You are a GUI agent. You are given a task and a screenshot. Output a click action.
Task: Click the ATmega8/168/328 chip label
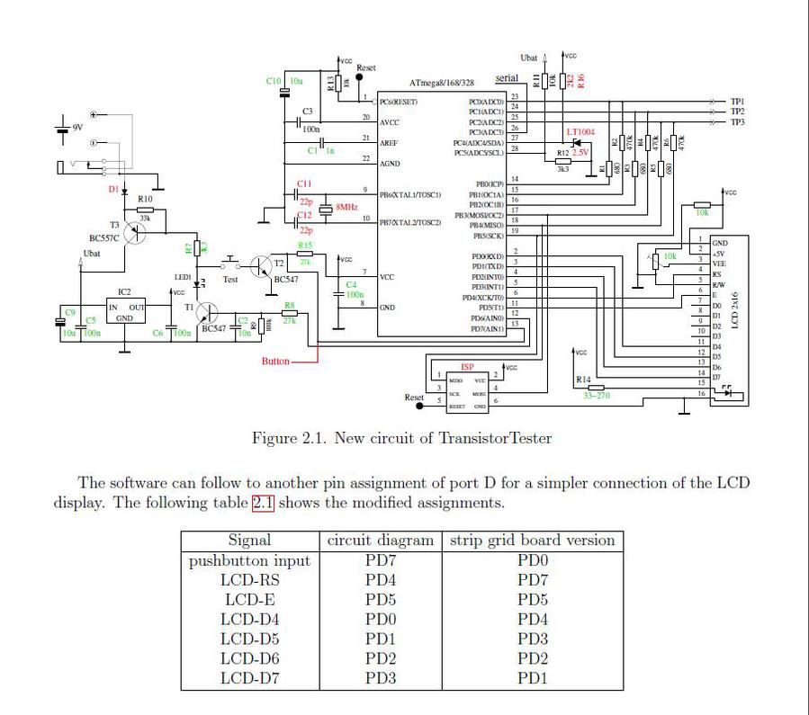444,82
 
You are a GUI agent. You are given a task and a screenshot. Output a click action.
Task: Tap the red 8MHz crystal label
347,207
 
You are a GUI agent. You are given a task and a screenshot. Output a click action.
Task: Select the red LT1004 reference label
580,132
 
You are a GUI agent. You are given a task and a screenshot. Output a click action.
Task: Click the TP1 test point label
737,102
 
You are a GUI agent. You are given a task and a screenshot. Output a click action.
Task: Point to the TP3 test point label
737,121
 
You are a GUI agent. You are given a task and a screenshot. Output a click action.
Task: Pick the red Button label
275,362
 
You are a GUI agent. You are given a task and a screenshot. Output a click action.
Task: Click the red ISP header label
467,367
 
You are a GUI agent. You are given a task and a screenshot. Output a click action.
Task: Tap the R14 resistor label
583,380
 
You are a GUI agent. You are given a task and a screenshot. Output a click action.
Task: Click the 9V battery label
77,128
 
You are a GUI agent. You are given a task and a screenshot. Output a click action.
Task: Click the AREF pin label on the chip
389,143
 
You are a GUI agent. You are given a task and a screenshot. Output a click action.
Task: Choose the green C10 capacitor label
275,81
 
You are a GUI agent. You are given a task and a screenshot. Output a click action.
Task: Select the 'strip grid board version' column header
533,541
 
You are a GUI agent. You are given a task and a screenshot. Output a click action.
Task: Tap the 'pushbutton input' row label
249,561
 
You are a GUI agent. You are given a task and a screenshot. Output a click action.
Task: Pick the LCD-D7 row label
249,677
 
